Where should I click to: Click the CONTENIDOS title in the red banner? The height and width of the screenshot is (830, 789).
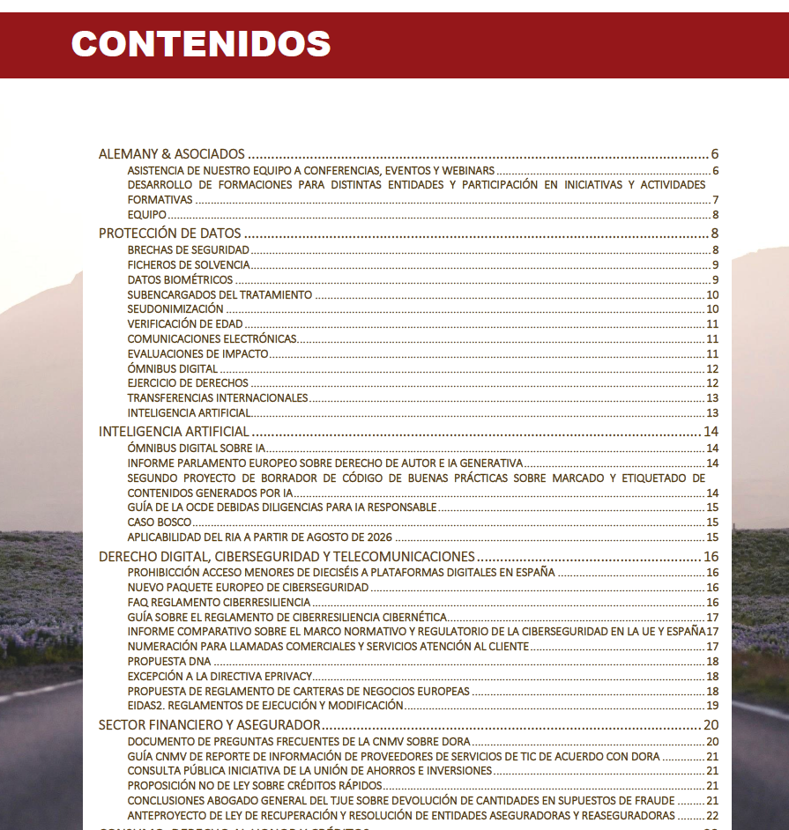[201, 43]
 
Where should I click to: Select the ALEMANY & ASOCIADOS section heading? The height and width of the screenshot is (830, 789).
[171, 154]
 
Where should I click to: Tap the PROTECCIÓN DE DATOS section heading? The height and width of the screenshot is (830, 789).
[170, 233]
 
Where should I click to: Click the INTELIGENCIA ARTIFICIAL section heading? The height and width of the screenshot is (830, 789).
[175, 432]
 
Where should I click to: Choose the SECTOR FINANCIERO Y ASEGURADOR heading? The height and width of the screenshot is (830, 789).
[210, 725]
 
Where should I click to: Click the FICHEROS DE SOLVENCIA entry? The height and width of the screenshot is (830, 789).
[189, 265]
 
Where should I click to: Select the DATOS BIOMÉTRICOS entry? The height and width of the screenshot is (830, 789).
[180, 280]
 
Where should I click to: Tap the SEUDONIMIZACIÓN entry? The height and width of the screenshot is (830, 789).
[175, 309]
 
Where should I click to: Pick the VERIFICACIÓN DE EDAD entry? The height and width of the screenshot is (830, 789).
[185, 324]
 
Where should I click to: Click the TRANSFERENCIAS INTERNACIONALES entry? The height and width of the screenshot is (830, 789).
[218, 397]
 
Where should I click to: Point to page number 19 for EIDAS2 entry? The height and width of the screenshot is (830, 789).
[712, 706]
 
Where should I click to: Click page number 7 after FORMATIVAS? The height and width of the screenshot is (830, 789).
[716, 200]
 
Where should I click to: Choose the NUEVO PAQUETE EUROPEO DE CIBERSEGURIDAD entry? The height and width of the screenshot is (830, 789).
[248, 587]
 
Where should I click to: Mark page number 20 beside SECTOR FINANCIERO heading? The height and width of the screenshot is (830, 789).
[711, 725]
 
